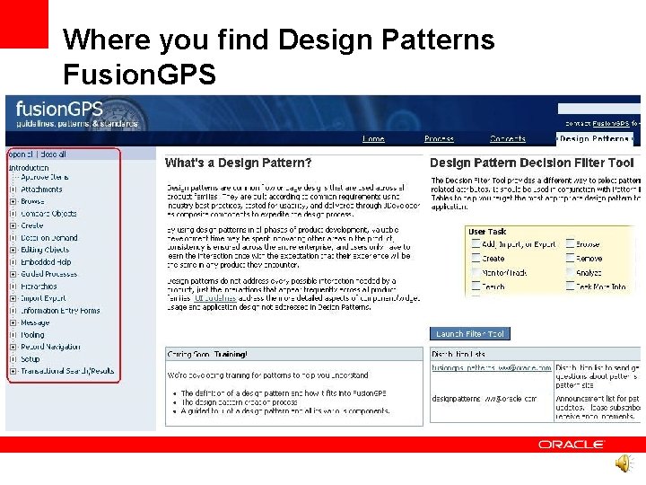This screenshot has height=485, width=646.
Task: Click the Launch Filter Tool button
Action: (x=470, y=333)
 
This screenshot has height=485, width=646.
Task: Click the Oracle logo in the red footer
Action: (x=572, y=445)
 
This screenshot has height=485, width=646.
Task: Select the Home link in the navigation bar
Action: (x=373, y=139)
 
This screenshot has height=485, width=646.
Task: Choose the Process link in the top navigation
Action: (x=439, y=139)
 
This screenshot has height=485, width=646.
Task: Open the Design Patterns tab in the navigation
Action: (x=595, y=139)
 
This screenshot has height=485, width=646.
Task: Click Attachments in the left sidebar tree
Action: (x=41, y=190)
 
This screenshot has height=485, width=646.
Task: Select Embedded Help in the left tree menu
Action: (x=45, y=262)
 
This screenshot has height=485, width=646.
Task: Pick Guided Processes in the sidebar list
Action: (x=48, y=274)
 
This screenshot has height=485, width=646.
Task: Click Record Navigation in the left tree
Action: (x=50, y=347)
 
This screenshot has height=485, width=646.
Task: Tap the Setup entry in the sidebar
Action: (x=31, y=358)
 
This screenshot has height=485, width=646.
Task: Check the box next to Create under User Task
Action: (x=475, y=258)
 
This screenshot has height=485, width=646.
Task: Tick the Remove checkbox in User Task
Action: (x=570, y=258)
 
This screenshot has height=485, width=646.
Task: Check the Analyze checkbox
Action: (x=570, y=272)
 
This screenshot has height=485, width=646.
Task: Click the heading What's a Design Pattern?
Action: (x=239, y=163)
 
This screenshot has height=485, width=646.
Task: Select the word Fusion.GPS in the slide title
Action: (x=139, y=75)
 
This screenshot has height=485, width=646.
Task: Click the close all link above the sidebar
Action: (x=51, y=154)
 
